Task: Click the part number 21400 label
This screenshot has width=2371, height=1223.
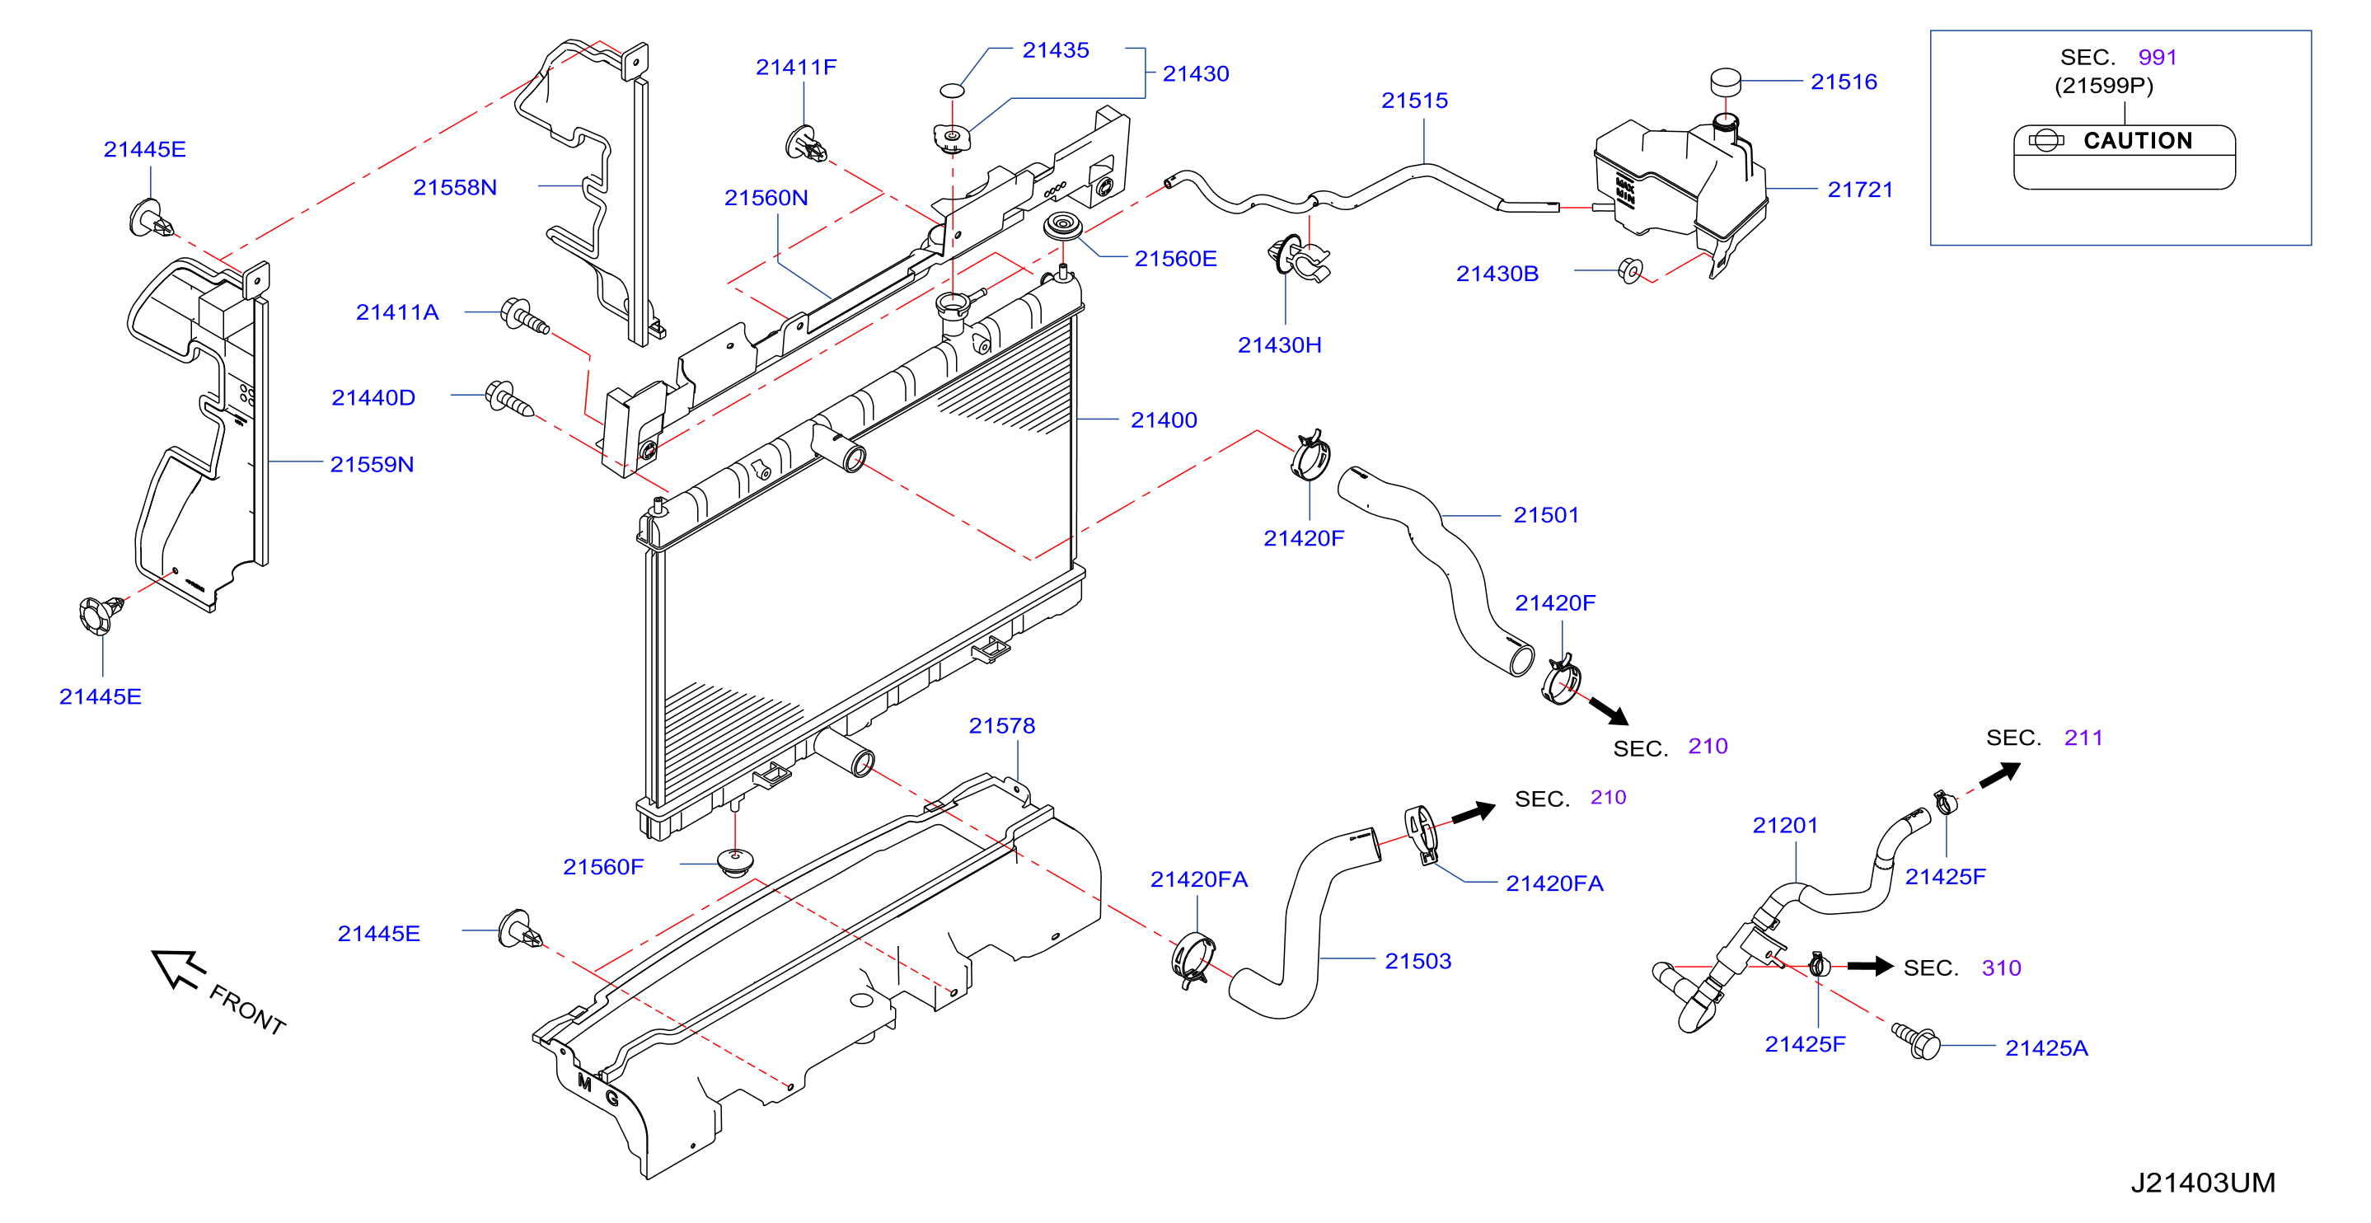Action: click(1164, 420)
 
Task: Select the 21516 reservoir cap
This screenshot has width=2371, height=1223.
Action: click(1725, 81)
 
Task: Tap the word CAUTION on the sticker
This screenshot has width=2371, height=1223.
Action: click(2137, 141)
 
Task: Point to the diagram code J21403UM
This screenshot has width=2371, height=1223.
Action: click(2203, 1183)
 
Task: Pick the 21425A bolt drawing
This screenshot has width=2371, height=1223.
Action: click(1916, 1041)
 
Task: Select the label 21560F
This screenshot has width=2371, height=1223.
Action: click(603, 867)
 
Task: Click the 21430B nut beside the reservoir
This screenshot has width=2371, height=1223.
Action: click(1630, 270)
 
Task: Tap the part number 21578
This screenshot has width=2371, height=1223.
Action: click(1001, 726)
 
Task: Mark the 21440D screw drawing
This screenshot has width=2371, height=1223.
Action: click(509, 400)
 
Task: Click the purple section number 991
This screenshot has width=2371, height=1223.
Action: click(2158, 57)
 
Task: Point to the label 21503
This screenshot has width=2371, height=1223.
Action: click(1417, 962)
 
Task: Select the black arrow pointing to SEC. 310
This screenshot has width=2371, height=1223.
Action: click(1869, 966)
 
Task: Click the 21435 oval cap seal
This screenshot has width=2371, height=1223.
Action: click(952, 90)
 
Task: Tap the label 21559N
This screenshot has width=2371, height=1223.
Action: click(372, 465)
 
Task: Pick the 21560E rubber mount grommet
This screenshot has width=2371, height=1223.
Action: click(1062, 227)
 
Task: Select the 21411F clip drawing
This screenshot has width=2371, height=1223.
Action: click(806, 144)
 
